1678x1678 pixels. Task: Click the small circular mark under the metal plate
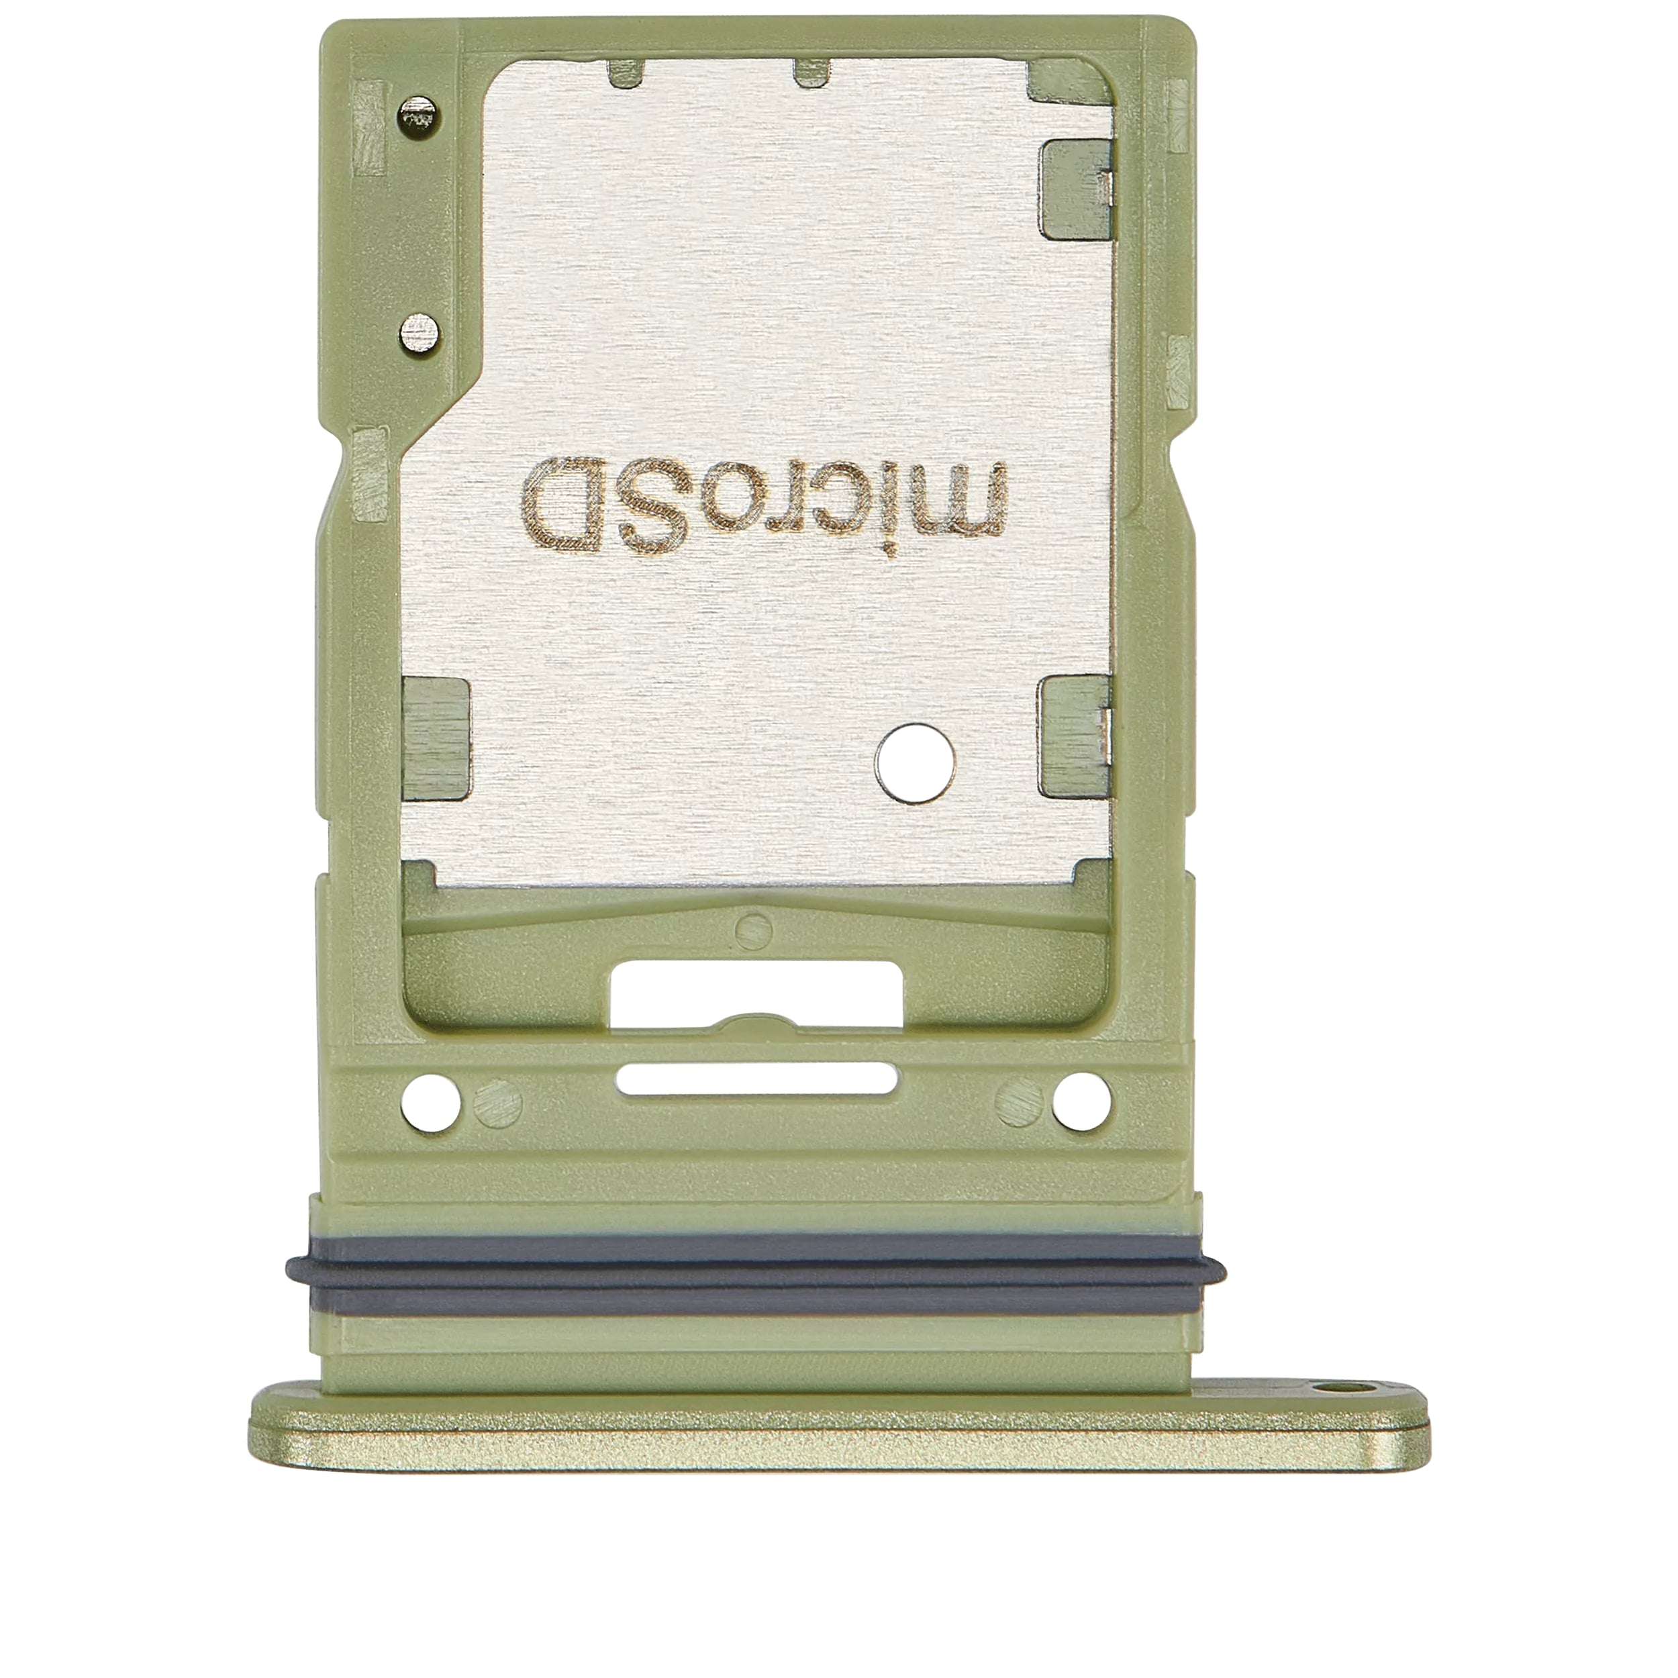click(x=752, y=927)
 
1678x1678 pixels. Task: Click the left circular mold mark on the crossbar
click(x=499, y=1107)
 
